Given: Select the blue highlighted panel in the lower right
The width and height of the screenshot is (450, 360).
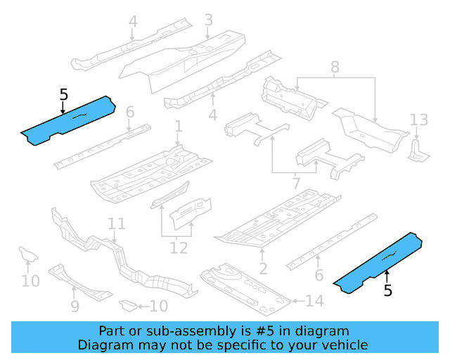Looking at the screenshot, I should [x=378, y=264].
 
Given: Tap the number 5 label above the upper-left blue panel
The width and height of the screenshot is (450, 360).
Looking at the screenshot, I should [x=64, y=94].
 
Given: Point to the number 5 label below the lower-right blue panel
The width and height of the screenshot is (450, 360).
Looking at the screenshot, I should [x=387, y=290].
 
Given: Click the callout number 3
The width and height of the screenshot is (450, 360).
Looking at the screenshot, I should [x=208, y=20].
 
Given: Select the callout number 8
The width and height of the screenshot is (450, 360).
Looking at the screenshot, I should [x=335, y=67].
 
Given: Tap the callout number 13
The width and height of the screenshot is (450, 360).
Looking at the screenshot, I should [x=418, y=119].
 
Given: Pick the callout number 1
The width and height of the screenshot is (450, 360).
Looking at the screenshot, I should [x=179, y=127].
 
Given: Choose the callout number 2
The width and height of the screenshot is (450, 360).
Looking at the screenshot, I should [x=263, y=268].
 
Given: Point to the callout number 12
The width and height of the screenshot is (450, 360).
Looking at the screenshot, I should [x=179, y=247].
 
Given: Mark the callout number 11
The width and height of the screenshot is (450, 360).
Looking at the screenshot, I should [x=117, y=224].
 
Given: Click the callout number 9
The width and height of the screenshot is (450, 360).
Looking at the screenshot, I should [x=75, y=307].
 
